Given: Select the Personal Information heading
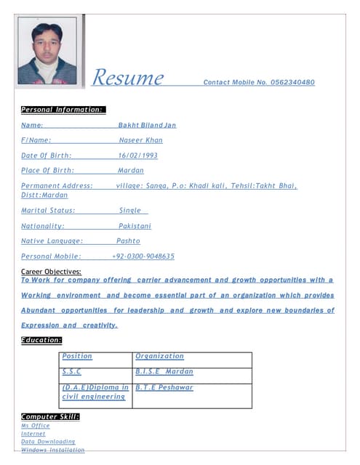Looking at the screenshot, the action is pos(63,110).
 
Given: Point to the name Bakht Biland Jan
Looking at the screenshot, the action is pos(147,125).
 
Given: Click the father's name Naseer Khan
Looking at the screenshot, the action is pos(140,140).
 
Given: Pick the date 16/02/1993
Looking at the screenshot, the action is pos(137,155).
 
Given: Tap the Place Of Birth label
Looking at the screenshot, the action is pos(47,171).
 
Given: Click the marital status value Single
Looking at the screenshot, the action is pos(130,211).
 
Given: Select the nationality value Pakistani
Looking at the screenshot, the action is pos(135,226).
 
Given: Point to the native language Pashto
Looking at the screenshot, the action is pos(128,241).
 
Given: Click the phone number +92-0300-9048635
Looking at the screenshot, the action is pos(143,256).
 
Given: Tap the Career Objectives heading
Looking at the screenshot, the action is pos(51,271).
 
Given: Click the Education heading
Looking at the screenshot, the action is pos(41,340).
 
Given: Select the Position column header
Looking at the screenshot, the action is pos(77,357).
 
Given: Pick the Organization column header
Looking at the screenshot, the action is pos(160,357).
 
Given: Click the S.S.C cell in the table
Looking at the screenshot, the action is pos(72,372).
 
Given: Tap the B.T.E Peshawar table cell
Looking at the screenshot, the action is pos(164,388).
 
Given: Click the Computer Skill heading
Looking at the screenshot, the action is pos(50,416).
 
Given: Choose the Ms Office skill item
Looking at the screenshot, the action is pos(36,426).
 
